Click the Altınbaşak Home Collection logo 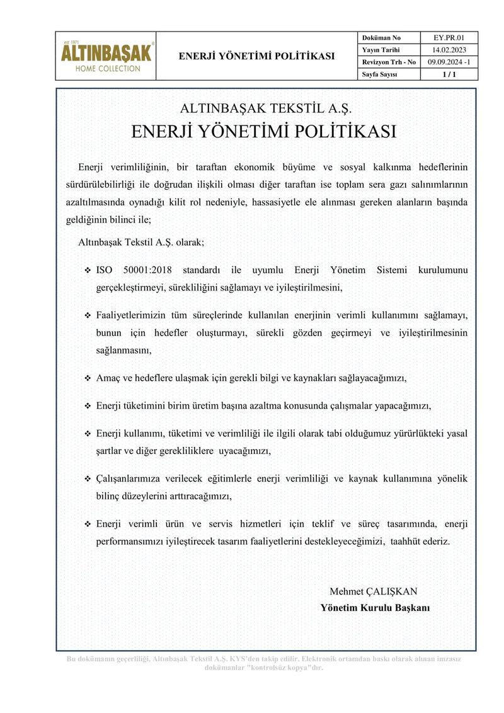[106, 56]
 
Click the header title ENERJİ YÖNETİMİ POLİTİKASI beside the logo [256, 56]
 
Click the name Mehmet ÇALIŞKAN [373, 591]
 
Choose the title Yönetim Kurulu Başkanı [375, 608]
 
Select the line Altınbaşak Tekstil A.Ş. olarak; [141, 242]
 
